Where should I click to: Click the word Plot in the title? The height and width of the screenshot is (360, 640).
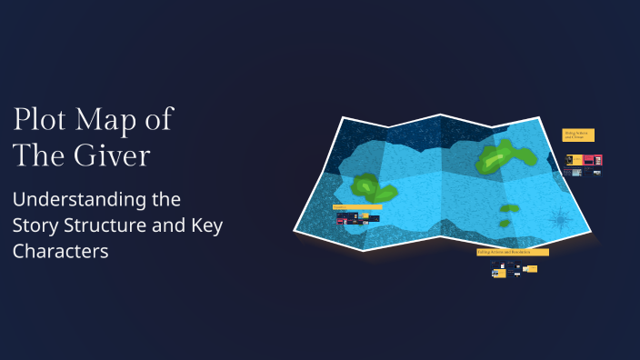click(x=40, y=120)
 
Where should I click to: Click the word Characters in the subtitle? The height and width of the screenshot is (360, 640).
click(x=61, y=252)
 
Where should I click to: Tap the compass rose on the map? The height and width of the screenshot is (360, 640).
click(x=560, y=220)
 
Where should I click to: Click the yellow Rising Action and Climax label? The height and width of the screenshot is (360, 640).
click(x=578, y=135)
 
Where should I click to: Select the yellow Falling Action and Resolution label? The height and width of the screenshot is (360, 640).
click(x=512, y=251)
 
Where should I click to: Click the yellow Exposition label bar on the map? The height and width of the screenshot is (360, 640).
click(x=356, y=207)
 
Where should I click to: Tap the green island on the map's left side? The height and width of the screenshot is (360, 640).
click(x=374, y=187)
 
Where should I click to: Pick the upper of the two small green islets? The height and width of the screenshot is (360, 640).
click(x=509, y=207)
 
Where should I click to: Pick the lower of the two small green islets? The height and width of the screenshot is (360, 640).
click(x=504, y=223)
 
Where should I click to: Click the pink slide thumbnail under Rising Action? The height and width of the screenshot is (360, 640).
click(x=589, y=160)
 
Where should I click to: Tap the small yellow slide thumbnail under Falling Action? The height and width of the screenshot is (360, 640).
click(x=531, y=269)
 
